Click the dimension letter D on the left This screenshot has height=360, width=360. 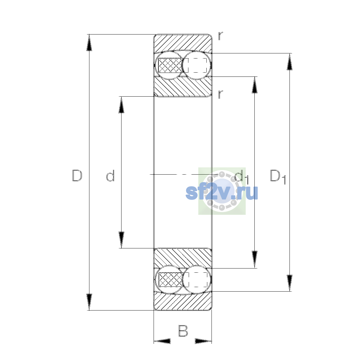click(77, 175)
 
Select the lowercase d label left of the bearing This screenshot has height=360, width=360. click(110, 175)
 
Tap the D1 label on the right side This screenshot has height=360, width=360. click(278, 176)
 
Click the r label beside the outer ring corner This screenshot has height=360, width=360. click(220, 36)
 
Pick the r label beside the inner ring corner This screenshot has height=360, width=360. click(220, 94)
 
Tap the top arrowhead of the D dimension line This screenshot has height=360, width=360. click(89, 43)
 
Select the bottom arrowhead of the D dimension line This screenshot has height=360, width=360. click(89, 302)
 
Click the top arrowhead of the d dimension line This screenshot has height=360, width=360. click(121, 105)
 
